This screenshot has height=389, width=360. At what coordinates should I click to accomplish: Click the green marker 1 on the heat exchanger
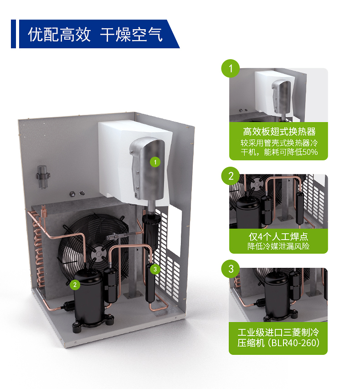[155, 162]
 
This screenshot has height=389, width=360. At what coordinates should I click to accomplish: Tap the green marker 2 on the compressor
[75, 285]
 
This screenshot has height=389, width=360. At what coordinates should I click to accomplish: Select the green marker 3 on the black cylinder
[155, 269]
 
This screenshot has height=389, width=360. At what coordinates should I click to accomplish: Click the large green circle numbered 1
[231, 68]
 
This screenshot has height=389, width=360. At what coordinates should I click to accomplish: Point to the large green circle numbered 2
[231, 176]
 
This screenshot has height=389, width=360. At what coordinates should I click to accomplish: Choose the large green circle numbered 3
[231, 269]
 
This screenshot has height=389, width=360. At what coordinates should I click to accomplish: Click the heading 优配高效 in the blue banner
[59, 35]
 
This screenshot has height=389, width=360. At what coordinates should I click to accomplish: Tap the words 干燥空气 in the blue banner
[132, 35]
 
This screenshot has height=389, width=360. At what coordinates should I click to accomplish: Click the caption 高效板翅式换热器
[279, 132]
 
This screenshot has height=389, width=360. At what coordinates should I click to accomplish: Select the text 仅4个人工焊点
[278, 237]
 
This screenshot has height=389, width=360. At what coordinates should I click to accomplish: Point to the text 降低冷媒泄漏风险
[278, 246]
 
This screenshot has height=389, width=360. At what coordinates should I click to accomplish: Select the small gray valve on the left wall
[43, 176]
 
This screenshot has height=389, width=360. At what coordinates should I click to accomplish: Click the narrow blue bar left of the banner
[13, 34]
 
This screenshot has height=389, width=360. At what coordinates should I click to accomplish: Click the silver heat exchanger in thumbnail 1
[281, 96]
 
